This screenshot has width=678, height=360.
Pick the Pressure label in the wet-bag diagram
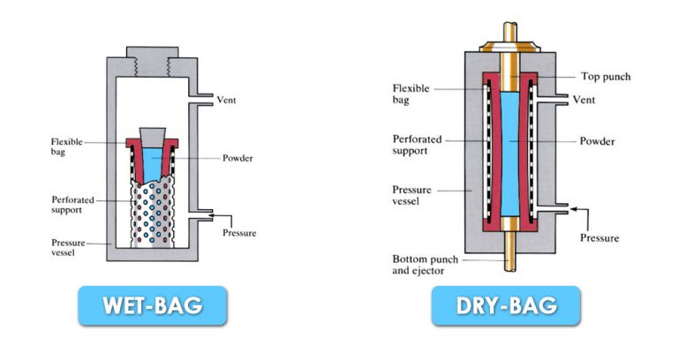click(238, 233)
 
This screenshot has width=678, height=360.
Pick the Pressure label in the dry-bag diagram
click(599, 238)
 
